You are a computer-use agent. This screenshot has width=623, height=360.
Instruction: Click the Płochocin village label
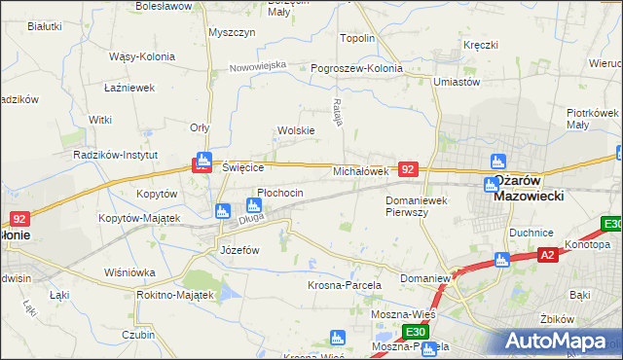280,193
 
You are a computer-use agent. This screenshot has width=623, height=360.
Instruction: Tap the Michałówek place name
361,171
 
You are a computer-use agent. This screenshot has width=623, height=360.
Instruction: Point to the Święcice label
244,167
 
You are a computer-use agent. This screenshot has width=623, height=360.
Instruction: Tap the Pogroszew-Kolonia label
356,69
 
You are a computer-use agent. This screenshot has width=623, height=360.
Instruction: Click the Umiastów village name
458,83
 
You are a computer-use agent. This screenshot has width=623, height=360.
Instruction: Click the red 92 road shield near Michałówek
409,169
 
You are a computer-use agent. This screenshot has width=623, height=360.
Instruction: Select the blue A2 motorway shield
549,256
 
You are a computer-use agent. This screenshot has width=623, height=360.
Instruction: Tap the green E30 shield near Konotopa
612,224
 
